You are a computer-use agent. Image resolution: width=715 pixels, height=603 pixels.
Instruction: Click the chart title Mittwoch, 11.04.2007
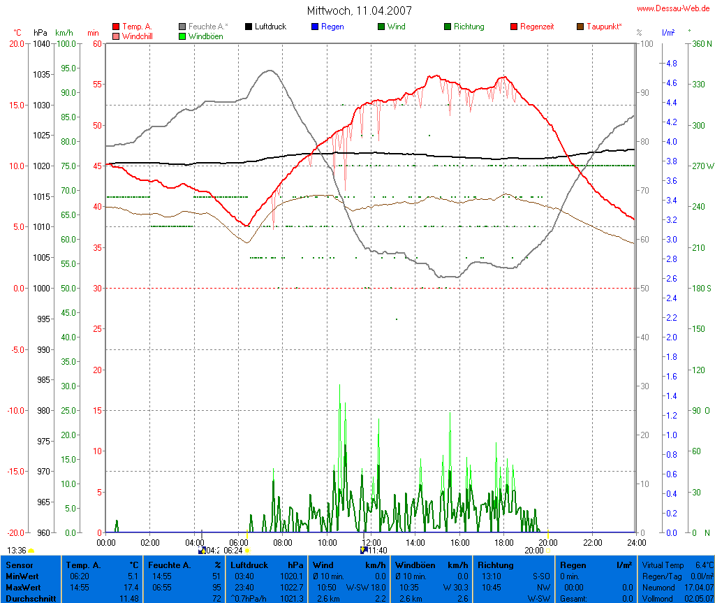pyautogui.click(x=359, y=10)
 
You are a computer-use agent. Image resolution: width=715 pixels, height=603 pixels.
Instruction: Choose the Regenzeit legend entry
pyautogui.click(x=537, y=27)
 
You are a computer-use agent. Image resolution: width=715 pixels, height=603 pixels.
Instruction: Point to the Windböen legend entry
pyautogui.click(x=205, y=36)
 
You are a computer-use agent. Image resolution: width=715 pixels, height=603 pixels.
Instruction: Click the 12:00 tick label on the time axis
pyautogui.click(x=371, y=542)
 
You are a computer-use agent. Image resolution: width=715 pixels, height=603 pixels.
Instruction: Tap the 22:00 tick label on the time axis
pyautogui.click(x=592, y=542)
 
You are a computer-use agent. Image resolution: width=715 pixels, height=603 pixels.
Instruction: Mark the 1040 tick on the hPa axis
pyautogui.click(x=41, y=43)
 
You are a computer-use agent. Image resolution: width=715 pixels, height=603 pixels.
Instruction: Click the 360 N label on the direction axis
pyautogui.click(x=700, y=43)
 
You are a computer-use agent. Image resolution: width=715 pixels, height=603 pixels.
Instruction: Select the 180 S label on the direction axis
pyautogui.click(x=700, y=288)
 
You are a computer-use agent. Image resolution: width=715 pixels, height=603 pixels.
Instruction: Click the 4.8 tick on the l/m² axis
pyautogui.click(x=671, y=64)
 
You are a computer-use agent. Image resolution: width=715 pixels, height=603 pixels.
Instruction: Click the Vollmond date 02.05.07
pyautogui.click(x=699, y=598)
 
